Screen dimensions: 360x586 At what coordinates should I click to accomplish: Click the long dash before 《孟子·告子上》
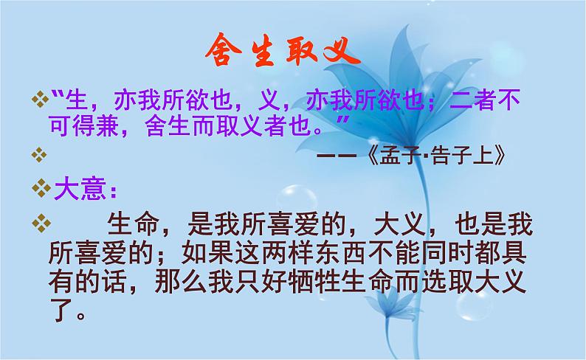point(338,156)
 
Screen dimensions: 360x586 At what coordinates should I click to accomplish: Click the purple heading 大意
point(80,190)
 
